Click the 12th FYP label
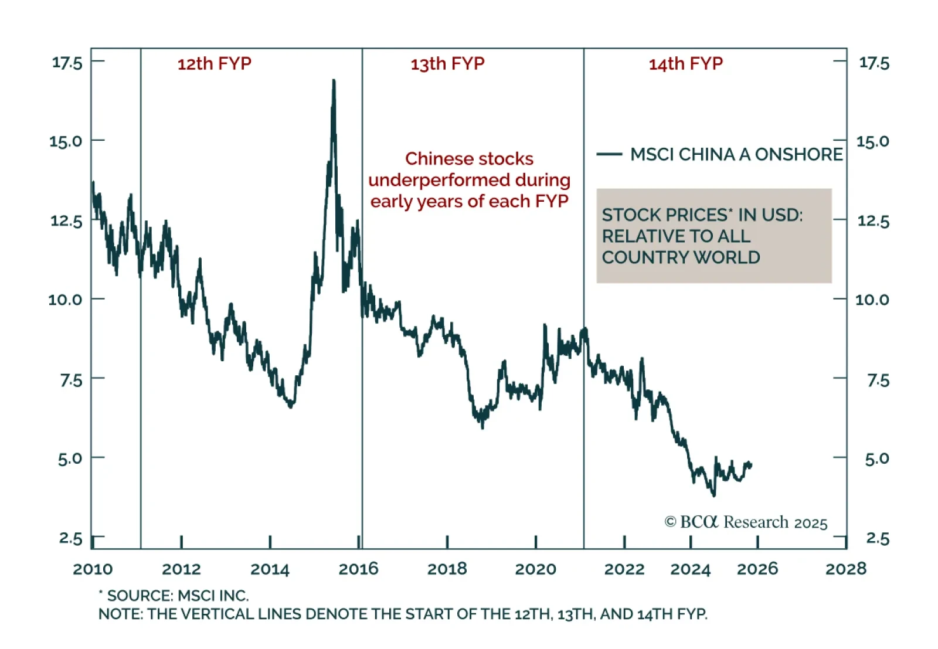tap(214, 63)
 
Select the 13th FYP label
tap(447, 63)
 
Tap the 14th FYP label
tap(685, 63)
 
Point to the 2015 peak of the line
tap(334, 81)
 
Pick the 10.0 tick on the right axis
tap(872, 300)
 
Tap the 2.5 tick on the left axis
tap(70, 538)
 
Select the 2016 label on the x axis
tap(358, 569)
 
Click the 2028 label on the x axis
tap(845, 569)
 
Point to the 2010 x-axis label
tap(93, 569)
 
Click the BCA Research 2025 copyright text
tap(746, 522)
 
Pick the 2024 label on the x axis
tap(690, 569)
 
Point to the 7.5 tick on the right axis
tap(878, 380)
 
